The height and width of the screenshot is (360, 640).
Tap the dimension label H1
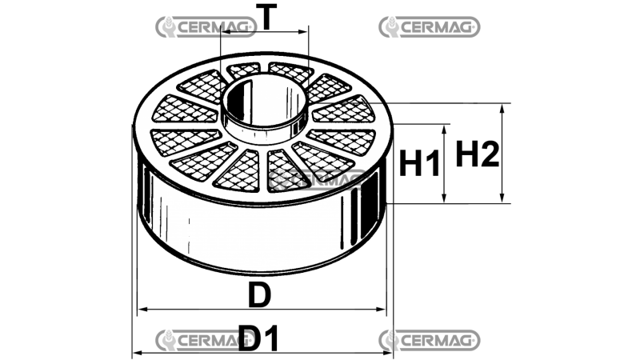click(x=420, y=165)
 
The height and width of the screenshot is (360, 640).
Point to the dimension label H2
click(x=478, y=154)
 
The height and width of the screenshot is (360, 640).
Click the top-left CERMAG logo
click(x=206, y=27)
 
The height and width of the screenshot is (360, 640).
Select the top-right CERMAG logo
click(x=429, y=27)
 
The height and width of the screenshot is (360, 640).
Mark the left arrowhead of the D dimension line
click(x=143, y=310)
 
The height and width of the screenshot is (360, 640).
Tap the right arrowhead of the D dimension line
click(x=382, y=310)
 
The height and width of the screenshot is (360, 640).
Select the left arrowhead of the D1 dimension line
click(x=137, y=353)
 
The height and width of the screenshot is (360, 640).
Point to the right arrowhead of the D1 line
click(x=390, y=353)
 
